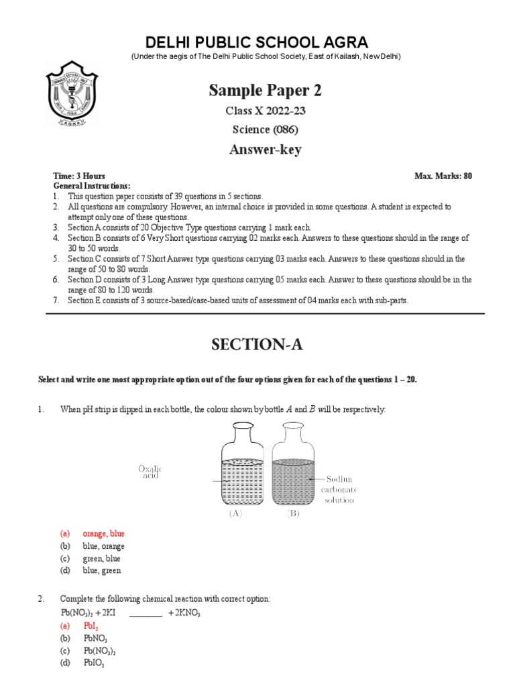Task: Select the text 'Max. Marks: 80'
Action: coord(443,176)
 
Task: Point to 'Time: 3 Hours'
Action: coord(79,176)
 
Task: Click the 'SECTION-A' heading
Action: coord(257,345)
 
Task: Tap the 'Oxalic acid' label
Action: coord(151,472)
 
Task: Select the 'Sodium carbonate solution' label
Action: coord(341,490)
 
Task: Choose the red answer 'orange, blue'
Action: coord(103,534)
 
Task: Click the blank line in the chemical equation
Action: coord(146,613)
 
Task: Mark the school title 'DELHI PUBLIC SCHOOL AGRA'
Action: coord(257,42)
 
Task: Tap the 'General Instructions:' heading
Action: coord(92,186)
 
